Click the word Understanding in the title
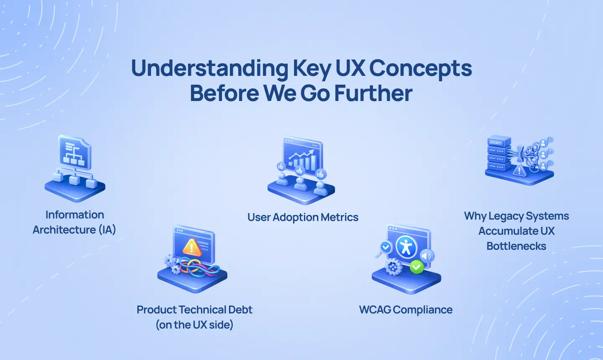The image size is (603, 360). [209, 68]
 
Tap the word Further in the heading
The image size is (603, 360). [373, 93]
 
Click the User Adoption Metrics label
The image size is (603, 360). [303, 217]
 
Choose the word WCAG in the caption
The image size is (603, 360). [375, 310]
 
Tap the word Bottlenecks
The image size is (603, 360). [516, 246]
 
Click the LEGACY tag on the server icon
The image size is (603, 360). [496, 143]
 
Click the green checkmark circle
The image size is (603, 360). [416, 267]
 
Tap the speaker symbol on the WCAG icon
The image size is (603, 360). [426, 256]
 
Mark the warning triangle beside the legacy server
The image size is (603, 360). [519, 170]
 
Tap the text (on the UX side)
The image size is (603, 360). [194, 325]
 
